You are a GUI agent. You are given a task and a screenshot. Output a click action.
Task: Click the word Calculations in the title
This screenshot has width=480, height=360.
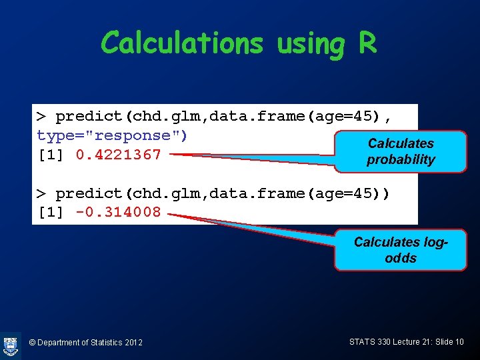[182, 43]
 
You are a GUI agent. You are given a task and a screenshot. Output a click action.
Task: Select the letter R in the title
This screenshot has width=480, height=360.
[367, 43]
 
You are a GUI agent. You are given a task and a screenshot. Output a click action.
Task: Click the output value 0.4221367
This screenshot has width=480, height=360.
[119, 155]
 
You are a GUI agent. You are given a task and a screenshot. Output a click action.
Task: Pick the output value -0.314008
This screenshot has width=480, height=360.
[119, 212]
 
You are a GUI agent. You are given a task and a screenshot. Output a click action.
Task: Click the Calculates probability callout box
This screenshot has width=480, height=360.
[401, 152]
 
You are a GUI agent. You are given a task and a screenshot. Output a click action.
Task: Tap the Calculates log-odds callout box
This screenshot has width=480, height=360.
[401, 250]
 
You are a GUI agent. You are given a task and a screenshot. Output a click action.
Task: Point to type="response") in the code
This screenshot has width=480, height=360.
[113, 135]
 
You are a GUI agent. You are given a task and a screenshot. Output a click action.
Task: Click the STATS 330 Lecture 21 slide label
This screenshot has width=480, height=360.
[406, 342]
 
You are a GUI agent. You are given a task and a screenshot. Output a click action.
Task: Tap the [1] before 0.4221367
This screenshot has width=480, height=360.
[52, 155]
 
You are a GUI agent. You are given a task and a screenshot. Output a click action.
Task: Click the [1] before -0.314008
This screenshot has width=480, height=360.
[52, 212]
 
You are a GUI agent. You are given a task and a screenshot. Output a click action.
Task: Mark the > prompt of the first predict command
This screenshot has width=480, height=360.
[41, 117]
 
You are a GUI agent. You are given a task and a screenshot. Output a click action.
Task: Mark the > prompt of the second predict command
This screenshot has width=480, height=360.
[41, 193]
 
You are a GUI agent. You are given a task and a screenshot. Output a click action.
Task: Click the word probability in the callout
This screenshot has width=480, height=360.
[401, 160]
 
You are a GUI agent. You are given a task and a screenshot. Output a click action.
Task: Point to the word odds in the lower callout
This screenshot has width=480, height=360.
[401, 258]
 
